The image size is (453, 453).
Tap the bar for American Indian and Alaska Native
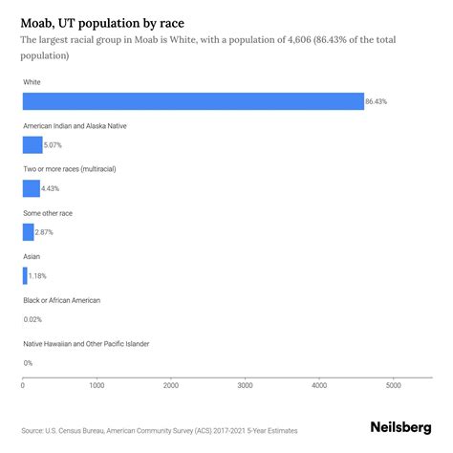click(x=32, y=145)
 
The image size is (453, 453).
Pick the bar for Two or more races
click(x=32, y=188)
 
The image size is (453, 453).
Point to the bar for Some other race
click(x=28, y=232)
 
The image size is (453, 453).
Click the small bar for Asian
click(x=25, y=275)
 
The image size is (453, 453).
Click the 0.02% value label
click(x=32, y=319)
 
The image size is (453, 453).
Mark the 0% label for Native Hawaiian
click(x=28, y=362)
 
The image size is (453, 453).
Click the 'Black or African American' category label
click(x=61, y=300)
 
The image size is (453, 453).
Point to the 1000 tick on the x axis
click(x=97, y=386)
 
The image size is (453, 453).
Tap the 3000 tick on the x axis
click(x=245, y=386)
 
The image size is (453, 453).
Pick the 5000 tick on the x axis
click(x=393, y=386)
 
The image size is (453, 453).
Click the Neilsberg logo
click(x=399, y=429)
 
